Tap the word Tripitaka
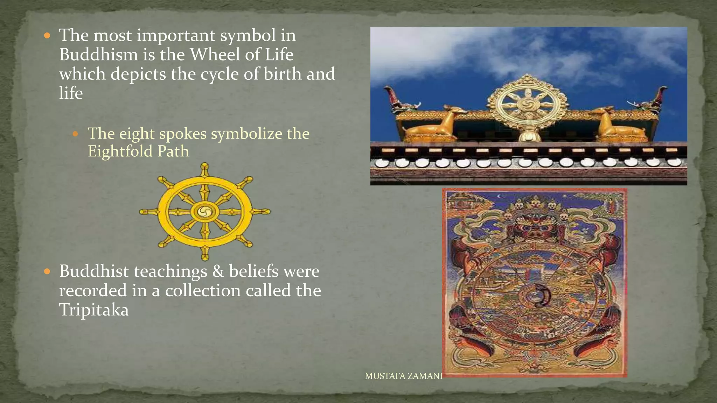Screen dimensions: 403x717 click(94, 310)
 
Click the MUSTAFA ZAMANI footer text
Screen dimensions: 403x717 click(403, 376)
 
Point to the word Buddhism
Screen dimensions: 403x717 click(98, 55)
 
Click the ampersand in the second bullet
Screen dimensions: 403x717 click(218, 271)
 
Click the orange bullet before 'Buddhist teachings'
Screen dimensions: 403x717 click(47, 271)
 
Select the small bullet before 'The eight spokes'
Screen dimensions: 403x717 click(75, 134)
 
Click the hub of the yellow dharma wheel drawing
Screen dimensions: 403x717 click(204, 212)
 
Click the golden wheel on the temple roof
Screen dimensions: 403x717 click(527, 104)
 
